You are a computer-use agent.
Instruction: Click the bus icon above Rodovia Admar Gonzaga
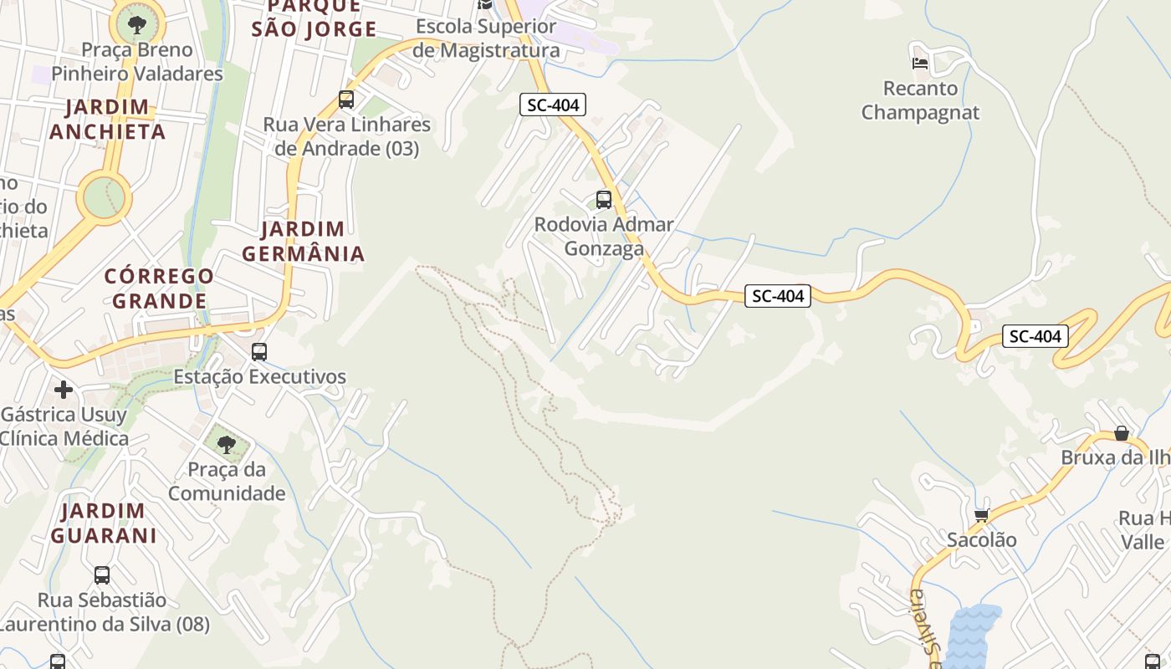pos(603,200)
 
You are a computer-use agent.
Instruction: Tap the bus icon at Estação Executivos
pos(259,352)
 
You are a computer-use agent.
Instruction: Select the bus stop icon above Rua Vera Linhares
pos(346,100)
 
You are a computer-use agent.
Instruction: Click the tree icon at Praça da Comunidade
pos(226,444)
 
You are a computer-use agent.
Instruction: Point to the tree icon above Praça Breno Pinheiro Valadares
pos(136,24)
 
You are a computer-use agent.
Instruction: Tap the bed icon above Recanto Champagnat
pos(920,63)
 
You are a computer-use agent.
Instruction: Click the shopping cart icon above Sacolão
pos(981,514)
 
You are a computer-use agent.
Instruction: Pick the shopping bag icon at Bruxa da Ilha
pos(1121,432)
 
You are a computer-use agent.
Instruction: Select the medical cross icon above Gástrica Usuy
pos(64,390)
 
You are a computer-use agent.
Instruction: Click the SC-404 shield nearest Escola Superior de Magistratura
pos(552,105)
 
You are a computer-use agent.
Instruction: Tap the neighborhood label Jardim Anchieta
pos(107,120)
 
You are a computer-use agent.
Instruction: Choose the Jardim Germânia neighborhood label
pos(303,241)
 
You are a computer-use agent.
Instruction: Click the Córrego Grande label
pos(159,288)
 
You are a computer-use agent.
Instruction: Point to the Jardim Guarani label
pos(104,523)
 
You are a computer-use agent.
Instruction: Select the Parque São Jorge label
pos(314,18)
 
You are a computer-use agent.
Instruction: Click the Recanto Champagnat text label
pos(920,100)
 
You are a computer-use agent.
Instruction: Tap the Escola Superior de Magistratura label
pos(487,38)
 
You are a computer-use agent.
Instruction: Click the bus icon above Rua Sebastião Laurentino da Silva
pos(102,575)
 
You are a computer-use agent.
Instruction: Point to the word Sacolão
pos(981,540)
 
